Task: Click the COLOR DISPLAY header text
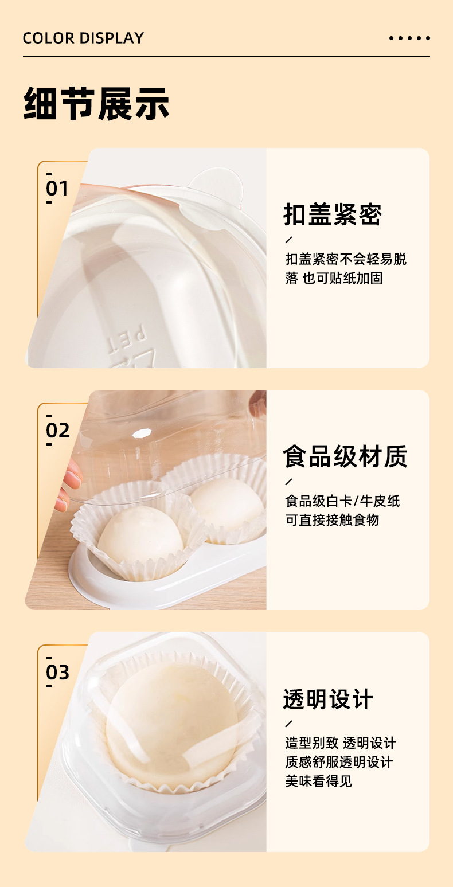[83, 38]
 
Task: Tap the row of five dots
[409, 38]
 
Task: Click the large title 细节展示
[96, 103]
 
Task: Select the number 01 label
[57, 189]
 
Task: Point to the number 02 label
[57, 431]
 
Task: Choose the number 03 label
[57, 673]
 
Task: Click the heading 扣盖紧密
[333, 214]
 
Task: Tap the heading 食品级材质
[345, 456]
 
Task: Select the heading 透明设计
[327, 699]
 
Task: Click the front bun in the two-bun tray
[140, 535]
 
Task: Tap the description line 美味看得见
[318, 781]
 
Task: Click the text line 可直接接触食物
[332, 520]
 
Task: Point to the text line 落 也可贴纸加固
[334, 278]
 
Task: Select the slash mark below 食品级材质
[288, 482]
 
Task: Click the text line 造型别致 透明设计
[341, 743]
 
